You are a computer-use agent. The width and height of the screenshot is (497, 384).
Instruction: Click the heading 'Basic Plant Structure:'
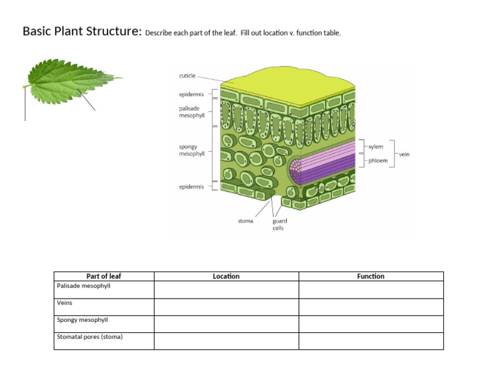(82, 31)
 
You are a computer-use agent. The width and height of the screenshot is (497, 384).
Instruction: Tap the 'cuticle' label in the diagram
(187, 76)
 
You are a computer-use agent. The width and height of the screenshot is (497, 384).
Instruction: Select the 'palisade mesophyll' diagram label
(192, 112)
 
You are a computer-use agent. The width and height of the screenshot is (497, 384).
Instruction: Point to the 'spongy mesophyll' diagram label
(192, 151)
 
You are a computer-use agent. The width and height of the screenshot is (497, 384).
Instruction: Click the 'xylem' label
(376, 147)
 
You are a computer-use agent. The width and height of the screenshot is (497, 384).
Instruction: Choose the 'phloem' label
(378, 161)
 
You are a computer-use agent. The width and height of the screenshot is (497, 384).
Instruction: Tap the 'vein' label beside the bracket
(404, 155)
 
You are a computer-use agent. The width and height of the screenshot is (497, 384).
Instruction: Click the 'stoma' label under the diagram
(245, 221)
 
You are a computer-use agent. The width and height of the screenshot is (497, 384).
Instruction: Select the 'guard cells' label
(280, 224)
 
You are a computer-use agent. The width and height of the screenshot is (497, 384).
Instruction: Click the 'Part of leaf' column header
(104, 276)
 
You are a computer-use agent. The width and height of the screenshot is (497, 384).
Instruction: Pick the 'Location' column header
(226, 276)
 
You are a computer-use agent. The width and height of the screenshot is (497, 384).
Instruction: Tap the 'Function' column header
(371, 276)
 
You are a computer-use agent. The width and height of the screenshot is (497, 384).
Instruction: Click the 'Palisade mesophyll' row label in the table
(84, 285)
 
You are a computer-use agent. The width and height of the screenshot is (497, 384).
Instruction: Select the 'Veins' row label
(65, 303)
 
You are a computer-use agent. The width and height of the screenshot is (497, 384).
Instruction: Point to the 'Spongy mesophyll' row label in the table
(82, 319)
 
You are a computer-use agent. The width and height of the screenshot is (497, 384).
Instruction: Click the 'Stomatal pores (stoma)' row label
(89, 337)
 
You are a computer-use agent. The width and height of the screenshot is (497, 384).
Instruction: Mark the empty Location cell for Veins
(226, 306)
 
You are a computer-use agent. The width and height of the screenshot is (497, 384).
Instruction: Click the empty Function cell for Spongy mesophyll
(371, 323)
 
